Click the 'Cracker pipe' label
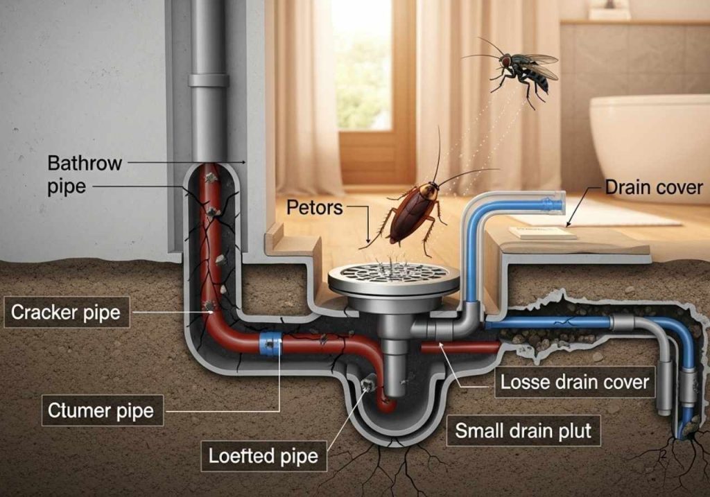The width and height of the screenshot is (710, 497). (x=66, y=313)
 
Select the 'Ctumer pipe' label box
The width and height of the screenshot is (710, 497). (x=101, y=410)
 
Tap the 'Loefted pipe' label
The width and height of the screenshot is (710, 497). (x=263, y=455)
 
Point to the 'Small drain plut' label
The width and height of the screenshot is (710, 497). (x=523, y=431)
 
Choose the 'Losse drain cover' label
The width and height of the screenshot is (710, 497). (x=574, y=381)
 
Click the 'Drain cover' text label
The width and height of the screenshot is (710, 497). (x=654, y=187)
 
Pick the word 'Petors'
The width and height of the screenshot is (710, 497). (x=315, y=207)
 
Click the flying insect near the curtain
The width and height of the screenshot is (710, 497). (x=521, y=69)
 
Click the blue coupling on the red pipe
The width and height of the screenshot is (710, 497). (x=270, y=343)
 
